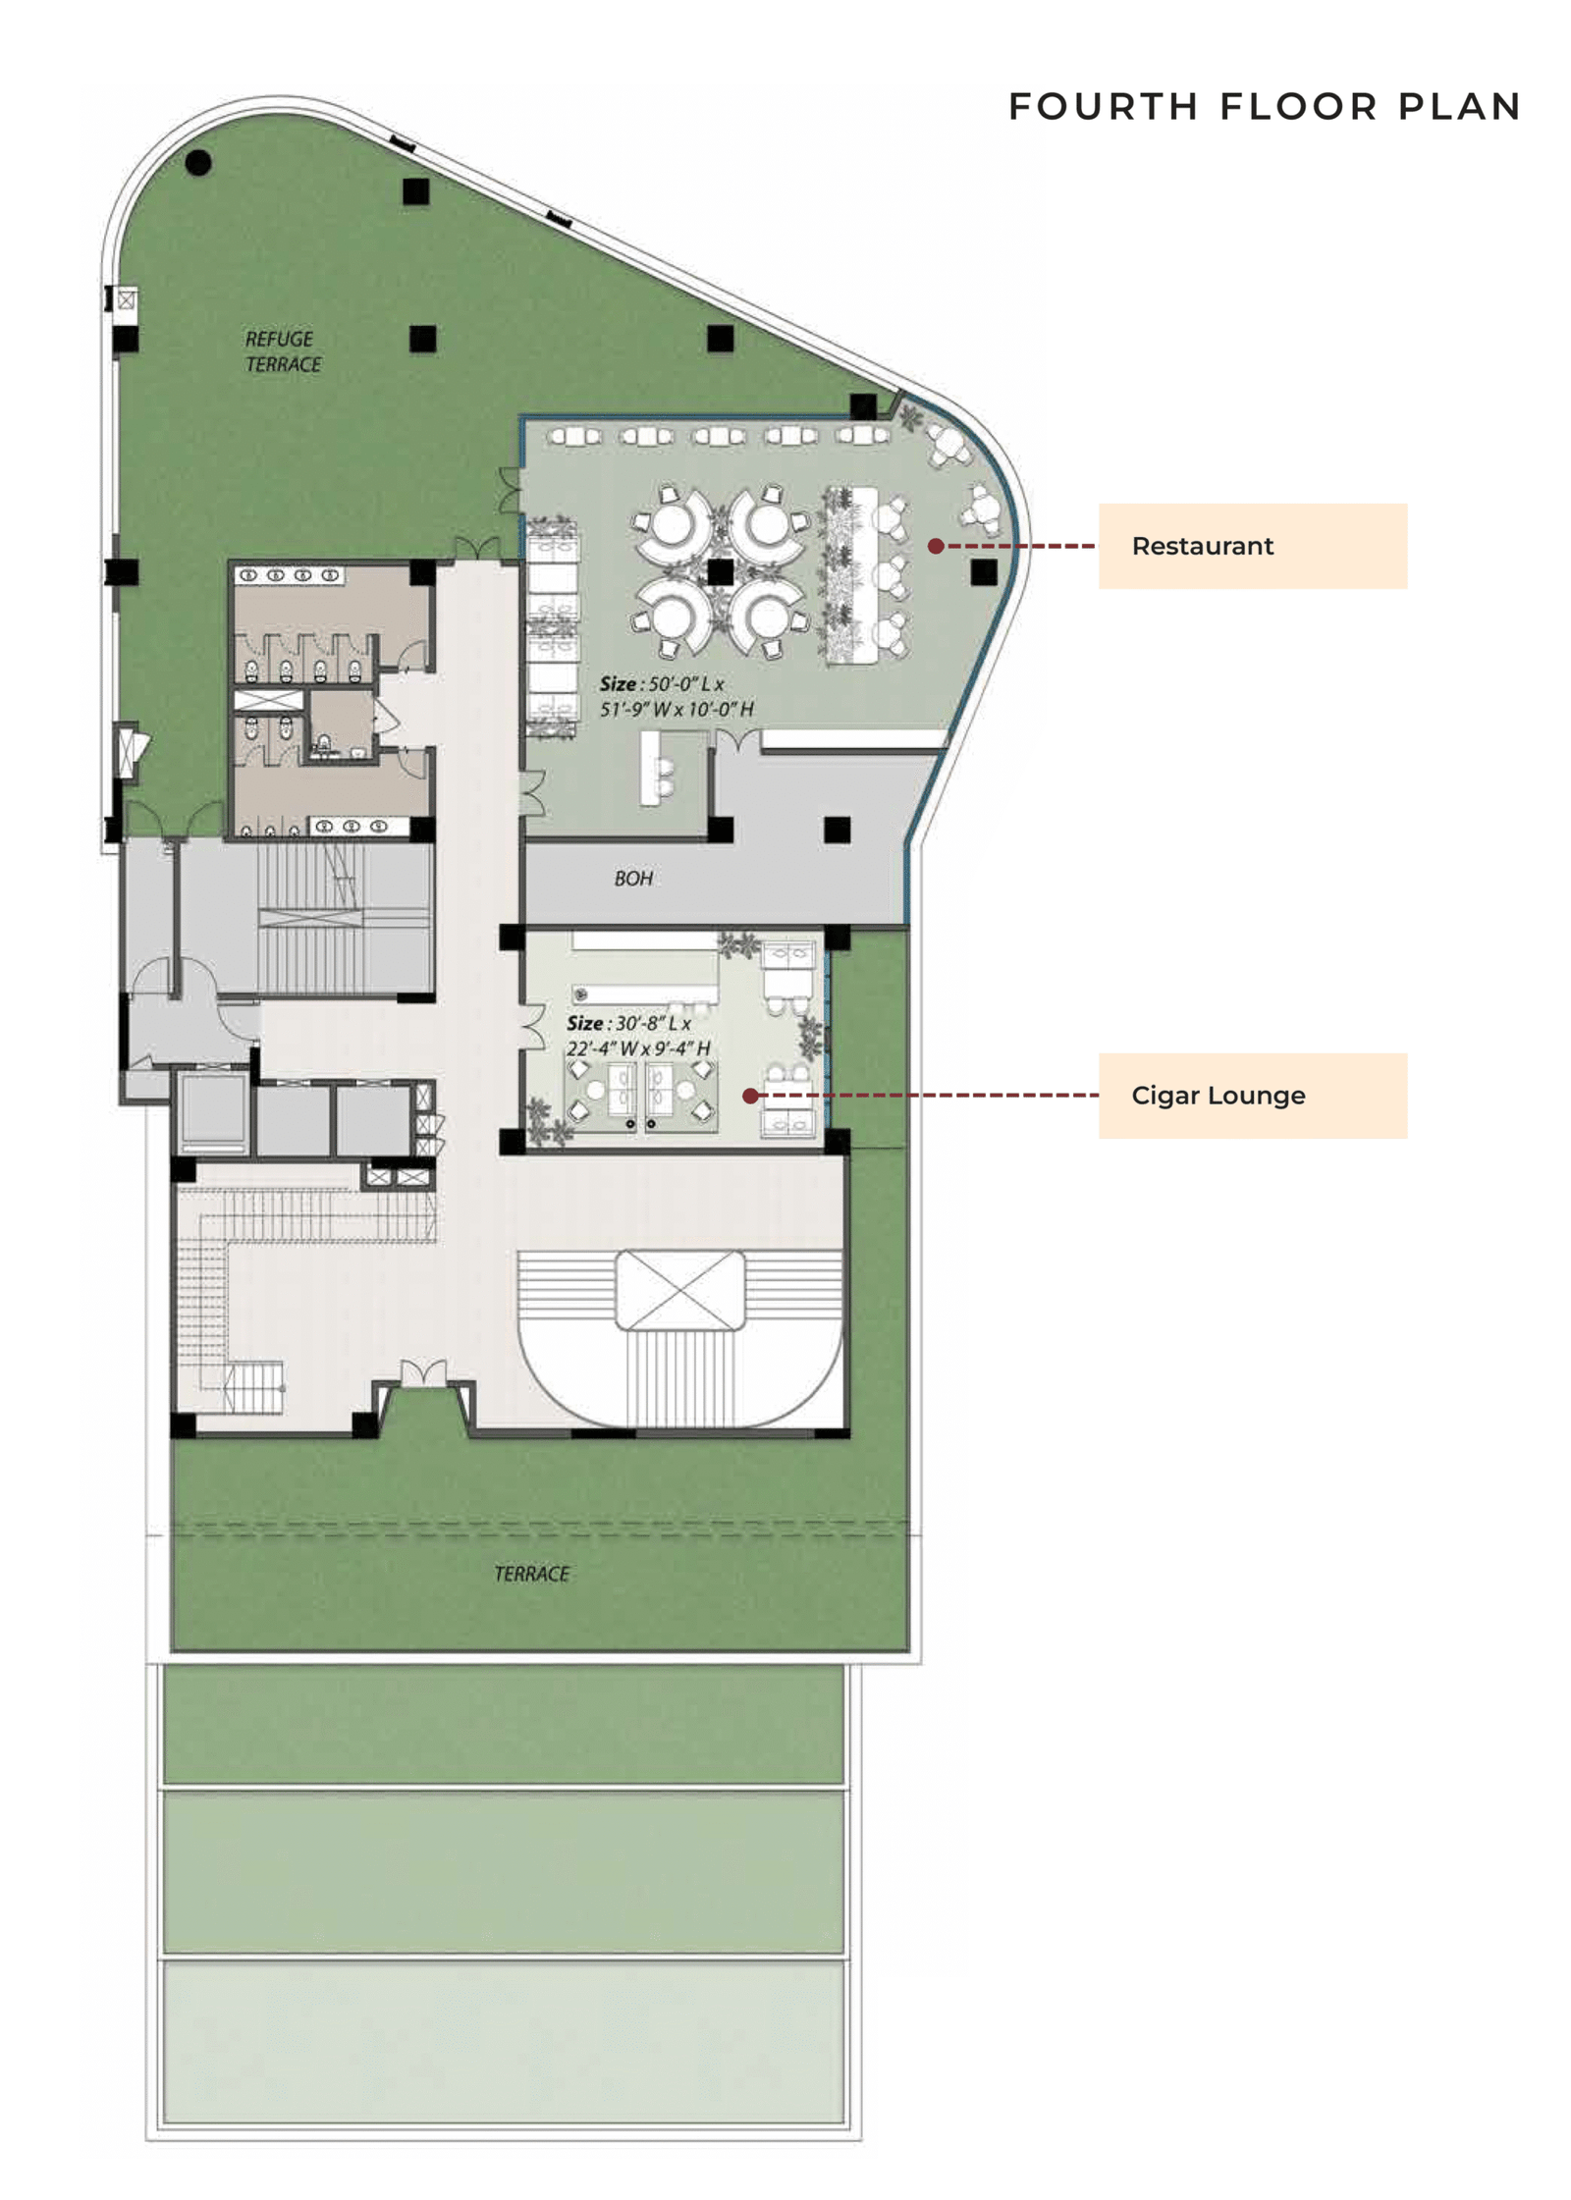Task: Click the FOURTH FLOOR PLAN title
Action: point(1264,106)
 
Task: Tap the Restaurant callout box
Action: point(1251,546)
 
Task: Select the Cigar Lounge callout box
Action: point(1251,1095)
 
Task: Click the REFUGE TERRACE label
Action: point(282,351)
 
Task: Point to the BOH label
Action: point(633,879)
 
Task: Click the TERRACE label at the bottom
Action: point(531,1574)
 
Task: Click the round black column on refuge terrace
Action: point(198,162)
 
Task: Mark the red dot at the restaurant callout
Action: point(936,546)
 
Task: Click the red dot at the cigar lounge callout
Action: point(750,1096)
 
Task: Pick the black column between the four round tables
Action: point(720,571)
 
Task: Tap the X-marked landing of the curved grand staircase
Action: point(679,1289)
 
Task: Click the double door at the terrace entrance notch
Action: point(423,1373)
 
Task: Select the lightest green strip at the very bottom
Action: point(503,2041)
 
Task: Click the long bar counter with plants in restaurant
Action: point(849,574)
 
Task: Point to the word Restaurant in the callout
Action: point(1202,546)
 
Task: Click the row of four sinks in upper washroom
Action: point(290,575)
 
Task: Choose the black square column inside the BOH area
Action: point(837,830)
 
